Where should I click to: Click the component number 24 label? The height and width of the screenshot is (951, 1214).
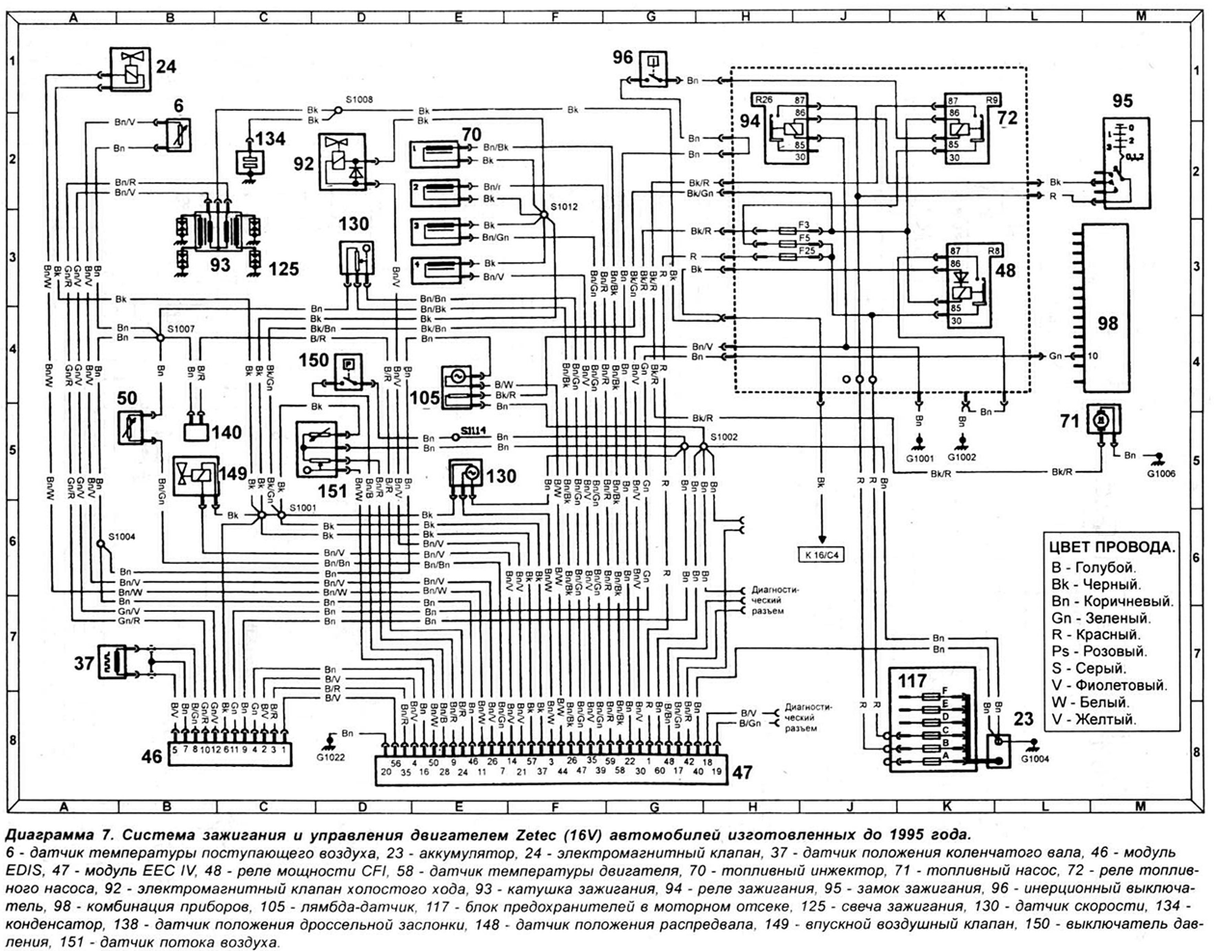click(167, 67)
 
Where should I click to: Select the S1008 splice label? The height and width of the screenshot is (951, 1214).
click(360, 97)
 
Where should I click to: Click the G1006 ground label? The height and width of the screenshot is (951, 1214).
click(1162, 474)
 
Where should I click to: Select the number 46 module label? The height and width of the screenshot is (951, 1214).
click(151, 757)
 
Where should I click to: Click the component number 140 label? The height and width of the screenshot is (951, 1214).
click(227, 433)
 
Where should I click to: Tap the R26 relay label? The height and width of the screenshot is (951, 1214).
click(764, 99)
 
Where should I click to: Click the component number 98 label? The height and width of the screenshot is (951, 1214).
click(1107, 323)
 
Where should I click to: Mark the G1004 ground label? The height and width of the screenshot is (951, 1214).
click(1037, 758)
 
